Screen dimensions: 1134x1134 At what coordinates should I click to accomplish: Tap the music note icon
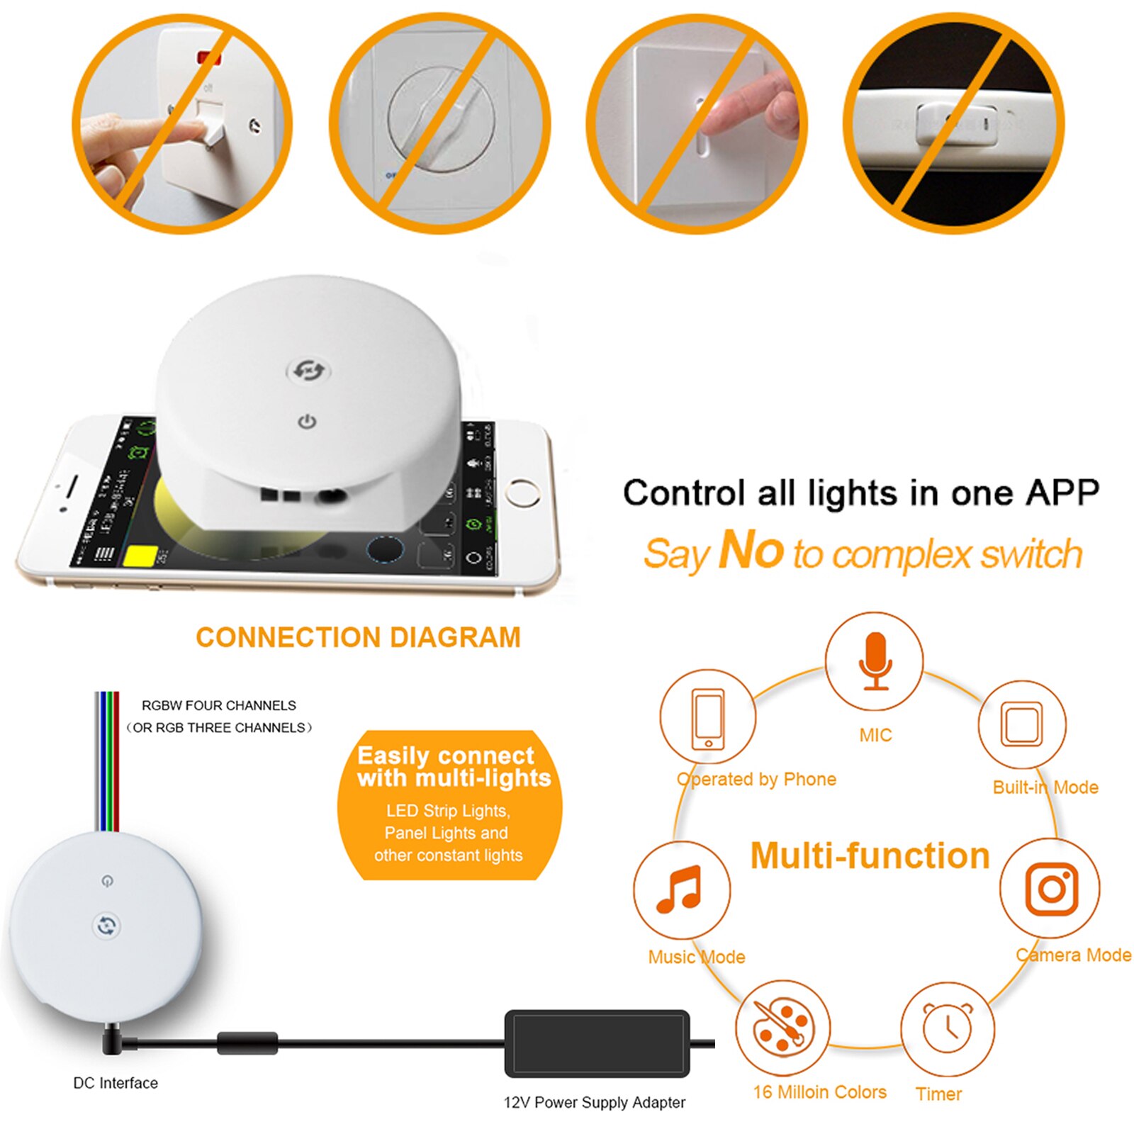coord(680,889)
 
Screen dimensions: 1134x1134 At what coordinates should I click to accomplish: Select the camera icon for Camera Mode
coord(1052,888)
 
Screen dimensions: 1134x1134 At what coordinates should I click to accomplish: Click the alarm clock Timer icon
coord(947,1028)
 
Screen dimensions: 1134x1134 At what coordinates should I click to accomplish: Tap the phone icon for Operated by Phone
coord(708,717)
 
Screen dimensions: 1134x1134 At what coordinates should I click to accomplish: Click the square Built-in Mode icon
coord(1021,724)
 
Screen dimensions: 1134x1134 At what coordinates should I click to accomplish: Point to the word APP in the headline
coord(1062,492)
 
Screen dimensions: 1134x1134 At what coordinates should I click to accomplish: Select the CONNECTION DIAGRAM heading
coord(358,637)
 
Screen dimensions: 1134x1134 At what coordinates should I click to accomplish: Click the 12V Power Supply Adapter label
coord(594,1102)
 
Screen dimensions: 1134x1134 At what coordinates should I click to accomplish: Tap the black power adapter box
coord(597,1043)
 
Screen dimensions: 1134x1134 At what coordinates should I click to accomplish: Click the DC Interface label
coord(116,1083)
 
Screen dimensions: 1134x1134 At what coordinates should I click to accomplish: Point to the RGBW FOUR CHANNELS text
coord(218,705)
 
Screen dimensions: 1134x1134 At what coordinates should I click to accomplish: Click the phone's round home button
coord(523,493)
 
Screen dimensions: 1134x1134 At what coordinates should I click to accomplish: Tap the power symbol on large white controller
coord(306,422)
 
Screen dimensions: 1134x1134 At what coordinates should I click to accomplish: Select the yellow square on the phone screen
coord(140,555)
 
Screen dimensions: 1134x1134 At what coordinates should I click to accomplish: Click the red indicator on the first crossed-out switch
coord(208,57)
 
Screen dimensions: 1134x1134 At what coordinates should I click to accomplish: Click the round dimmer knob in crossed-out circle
coord(440,118)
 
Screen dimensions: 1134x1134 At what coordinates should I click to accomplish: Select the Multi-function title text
coord(870,855)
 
